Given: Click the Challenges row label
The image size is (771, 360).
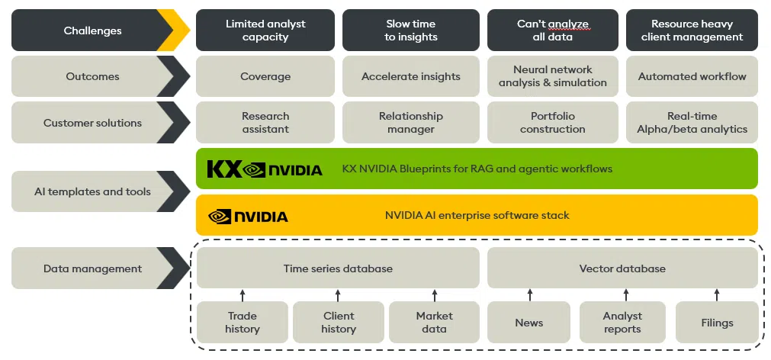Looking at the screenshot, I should pos(92,31).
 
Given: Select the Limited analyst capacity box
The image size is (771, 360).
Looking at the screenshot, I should pos(265,31).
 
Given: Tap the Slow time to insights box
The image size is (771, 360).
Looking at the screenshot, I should pos(410,31).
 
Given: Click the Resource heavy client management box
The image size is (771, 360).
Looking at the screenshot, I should pos(692,31).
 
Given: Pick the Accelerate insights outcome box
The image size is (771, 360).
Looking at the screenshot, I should pos(410,76).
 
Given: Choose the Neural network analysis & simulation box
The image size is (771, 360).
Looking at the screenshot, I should pos(552,76).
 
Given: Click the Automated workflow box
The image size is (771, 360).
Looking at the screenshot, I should pos(692,76).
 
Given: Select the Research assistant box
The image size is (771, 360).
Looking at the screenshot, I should pos(265,123).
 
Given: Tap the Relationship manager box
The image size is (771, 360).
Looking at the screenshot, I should pos(410,123).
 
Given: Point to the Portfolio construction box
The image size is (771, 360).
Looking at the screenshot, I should pos(552,123).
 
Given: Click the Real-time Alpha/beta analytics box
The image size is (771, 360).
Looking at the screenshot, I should pos(692,123).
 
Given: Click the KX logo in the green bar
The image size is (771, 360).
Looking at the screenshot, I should pos(224,169).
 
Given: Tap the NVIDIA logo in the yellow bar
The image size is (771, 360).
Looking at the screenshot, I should pos(248,217).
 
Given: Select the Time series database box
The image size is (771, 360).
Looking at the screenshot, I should pos(338,268).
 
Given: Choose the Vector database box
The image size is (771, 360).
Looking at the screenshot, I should pos(622,268).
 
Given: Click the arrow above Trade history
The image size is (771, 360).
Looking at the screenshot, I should pos(243,295).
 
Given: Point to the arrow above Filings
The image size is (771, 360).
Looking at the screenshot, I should pos(717,295).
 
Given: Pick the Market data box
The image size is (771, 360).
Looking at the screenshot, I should pos(434,323).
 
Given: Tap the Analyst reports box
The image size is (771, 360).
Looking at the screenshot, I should pos(622,323).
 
